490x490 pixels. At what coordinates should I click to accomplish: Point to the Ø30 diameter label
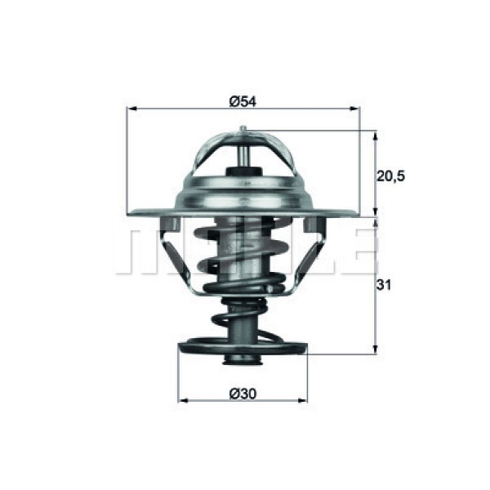[x=243, y=394]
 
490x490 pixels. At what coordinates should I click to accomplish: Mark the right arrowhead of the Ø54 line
[x=354, y=108]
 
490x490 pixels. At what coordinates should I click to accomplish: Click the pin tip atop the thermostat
[x=243, y=128]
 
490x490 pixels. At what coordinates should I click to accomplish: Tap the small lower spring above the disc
[x=243, y=318]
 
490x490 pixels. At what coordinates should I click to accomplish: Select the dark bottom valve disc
[x=243, y=350]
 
